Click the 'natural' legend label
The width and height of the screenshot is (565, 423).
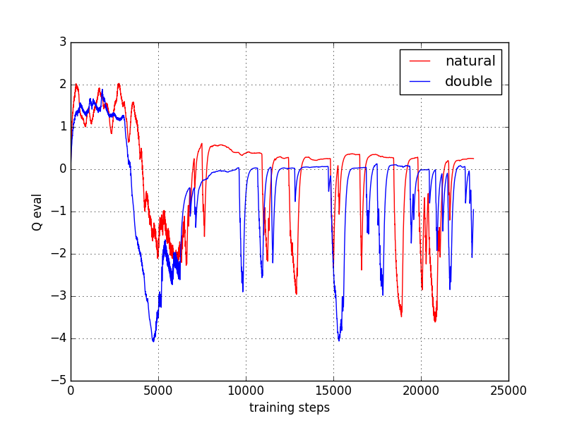click(470, 61)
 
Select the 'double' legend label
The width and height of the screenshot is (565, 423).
click(468, 82)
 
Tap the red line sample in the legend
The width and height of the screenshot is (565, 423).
click(420, 62)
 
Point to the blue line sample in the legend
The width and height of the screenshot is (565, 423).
click(420, 82)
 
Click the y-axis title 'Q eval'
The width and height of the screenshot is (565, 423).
click(37, 211)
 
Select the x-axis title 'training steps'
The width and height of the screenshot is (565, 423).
click(290, 407)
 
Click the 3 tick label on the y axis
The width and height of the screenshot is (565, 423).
click(63, 42)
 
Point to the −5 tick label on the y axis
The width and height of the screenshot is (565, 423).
click(59, 381)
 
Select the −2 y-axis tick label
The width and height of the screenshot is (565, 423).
click(59, 254)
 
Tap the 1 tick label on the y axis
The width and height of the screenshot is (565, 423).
click(63, 127)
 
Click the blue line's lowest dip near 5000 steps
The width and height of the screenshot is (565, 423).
click(153, 341)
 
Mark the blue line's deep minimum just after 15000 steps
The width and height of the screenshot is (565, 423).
click(339, 341)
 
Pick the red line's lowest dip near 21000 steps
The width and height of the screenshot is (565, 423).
click(435, 321)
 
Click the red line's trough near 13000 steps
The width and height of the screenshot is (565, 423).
click(296, 293)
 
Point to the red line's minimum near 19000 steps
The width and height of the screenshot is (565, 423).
click(401, 316)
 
